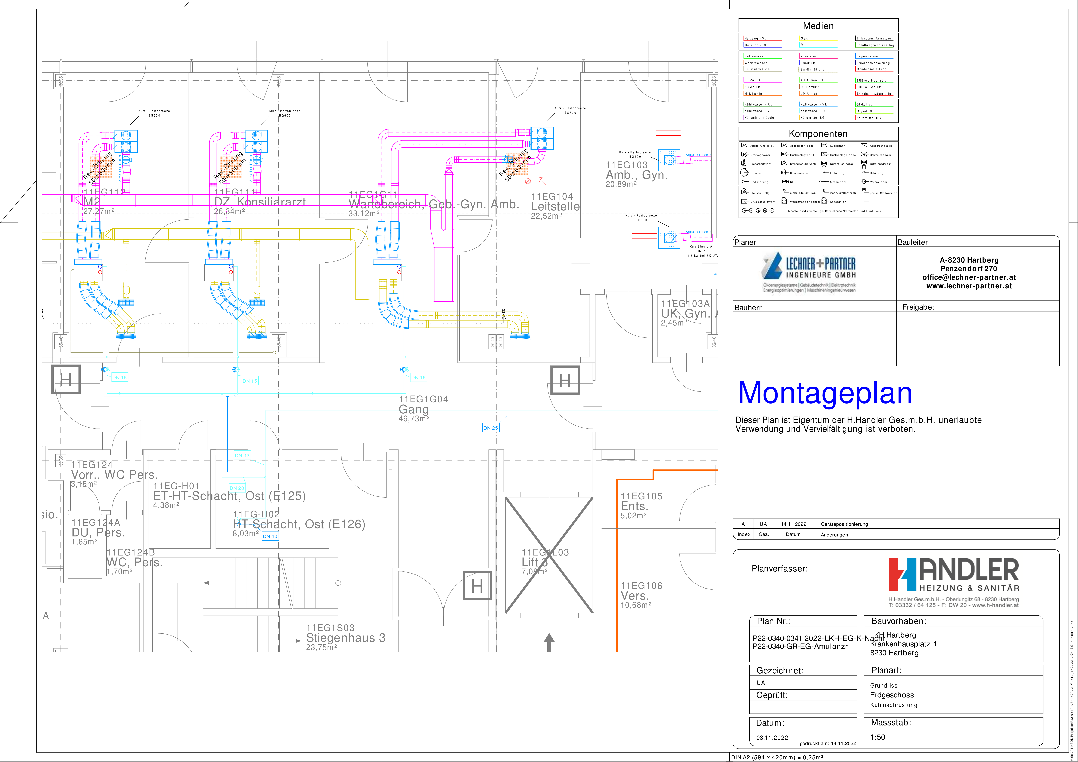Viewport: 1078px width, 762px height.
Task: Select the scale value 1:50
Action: click(878, 737)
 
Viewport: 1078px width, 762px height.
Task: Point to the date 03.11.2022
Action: click(772, 738)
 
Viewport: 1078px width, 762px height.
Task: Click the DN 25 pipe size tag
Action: click(490, 428)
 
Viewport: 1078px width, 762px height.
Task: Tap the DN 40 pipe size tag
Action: click(270, 536)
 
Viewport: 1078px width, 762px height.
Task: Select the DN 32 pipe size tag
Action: click(242, 456)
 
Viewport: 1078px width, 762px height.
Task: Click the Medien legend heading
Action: click(818, 26)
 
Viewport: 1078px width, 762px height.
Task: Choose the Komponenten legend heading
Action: click(818, 134)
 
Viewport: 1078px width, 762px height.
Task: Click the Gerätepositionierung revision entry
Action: click(844, 524)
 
